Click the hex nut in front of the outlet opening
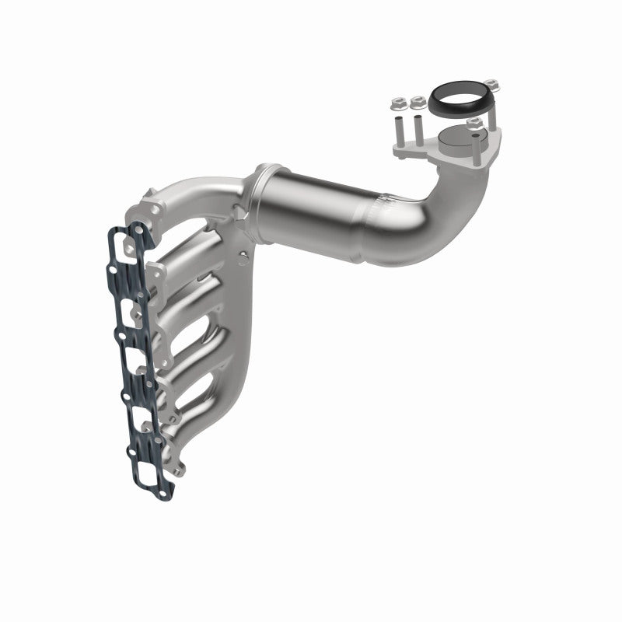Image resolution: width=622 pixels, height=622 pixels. point(473,124)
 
